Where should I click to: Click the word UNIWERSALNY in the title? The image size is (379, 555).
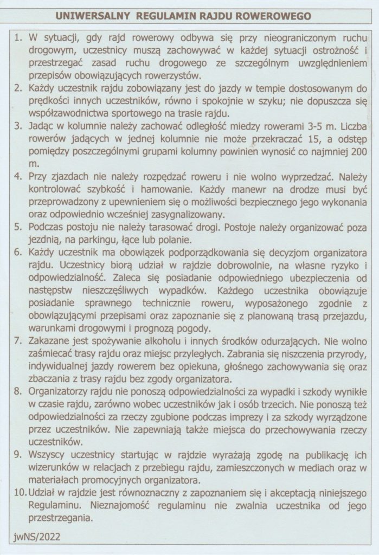92,16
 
